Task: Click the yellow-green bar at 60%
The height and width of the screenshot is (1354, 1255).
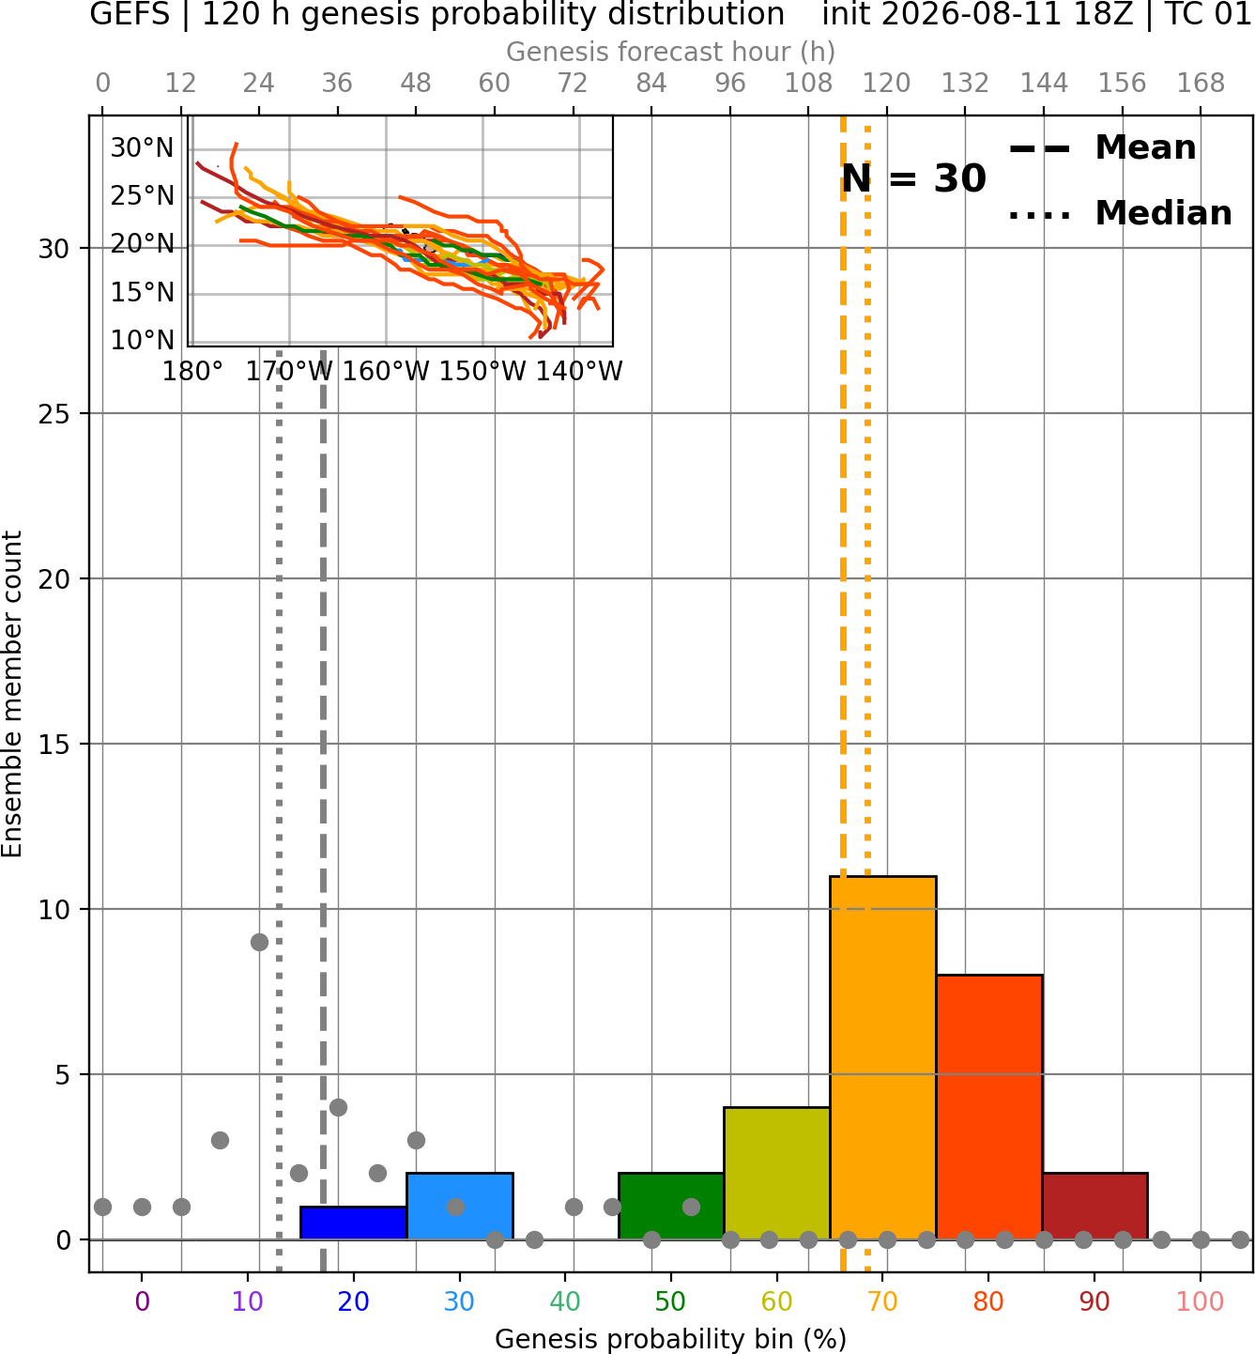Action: [777, 1174]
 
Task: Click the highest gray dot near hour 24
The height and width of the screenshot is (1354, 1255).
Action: [259, 942]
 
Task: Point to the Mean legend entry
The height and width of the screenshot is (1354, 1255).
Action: [1102, 148]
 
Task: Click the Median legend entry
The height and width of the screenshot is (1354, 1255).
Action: [1120, 213]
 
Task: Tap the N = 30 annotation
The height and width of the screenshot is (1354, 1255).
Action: [913, 178]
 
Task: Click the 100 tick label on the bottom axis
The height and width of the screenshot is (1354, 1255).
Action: [1201, 1302]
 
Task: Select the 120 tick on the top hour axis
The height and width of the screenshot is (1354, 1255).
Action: [886, 84]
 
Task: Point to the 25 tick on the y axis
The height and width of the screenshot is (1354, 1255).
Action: [54, 414]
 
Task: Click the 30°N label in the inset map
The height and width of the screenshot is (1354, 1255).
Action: [142, 148]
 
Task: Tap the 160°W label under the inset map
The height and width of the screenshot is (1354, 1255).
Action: [386, 372]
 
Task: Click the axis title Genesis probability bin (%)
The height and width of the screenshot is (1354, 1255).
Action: [671, 1339]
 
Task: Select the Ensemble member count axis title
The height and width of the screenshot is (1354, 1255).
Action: [11, 694]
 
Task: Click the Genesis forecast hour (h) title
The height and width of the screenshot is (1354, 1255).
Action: [671, 52]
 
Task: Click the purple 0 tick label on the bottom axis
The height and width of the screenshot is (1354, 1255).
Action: [142, 1302]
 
